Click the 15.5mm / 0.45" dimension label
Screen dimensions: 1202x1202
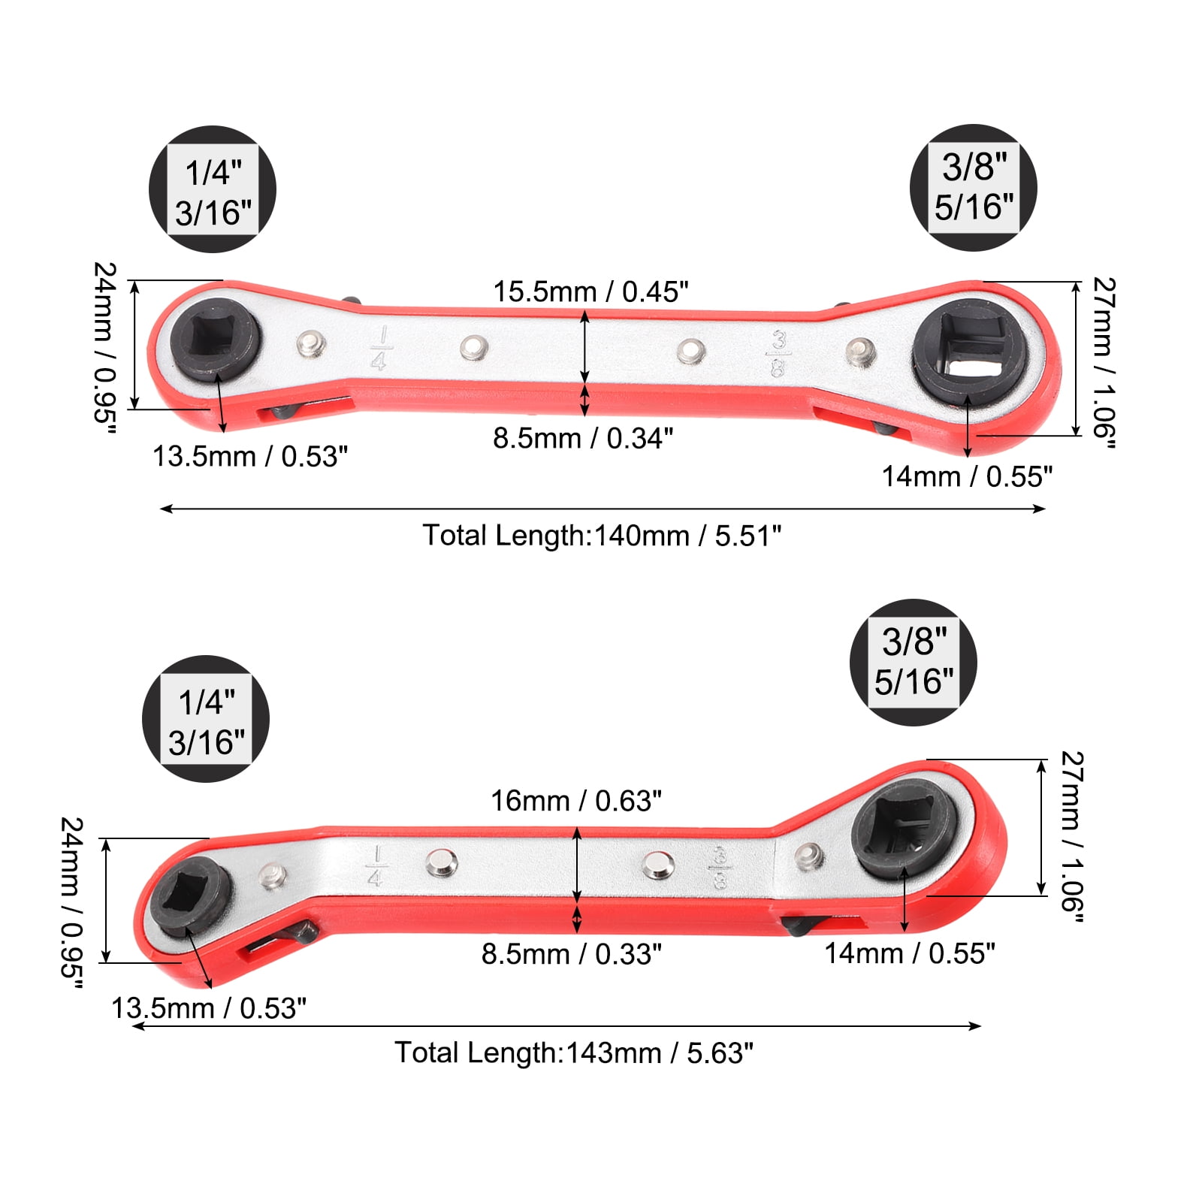[590, 292]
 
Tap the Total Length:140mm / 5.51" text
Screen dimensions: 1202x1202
[602, 536]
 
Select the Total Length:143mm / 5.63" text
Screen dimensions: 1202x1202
[574, 1053]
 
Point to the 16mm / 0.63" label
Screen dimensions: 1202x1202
[576, 801]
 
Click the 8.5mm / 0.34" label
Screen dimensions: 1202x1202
[583, 438]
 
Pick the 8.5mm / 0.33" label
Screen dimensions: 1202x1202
[572, 954]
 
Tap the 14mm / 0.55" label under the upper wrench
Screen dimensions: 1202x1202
[967, 476]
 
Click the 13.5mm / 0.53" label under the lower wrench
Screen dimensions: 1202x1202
[209, 1008]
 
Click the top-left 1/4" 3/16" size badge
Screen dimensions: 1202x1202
[213, 189]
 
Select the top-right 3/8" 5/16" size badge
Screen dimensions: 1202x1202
[974, 187]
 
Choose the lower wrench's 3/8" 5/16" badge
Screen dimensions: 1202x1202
[914, 662]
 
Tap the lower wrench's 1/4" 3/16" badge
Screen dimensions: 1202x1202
[206, 719]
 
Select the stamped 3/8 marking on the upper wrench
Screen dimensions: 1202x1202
[778, 354]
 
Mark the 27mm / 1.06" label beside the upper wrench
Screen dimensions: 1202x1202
[1103, 363]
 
